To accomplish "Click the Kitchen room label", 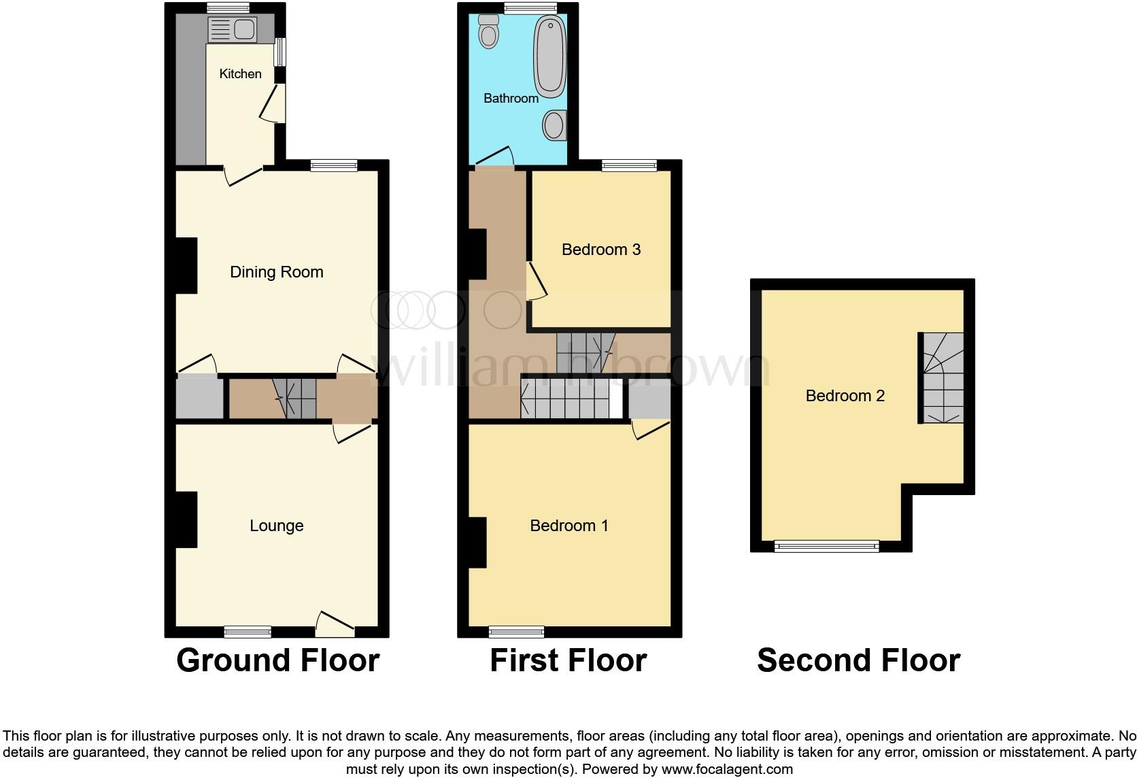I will point(240,74).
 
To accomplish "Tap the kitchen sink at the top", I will point(232,30).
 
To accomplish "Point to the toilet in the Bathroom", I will point(488,31).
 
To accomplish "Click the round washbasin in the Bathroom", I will point(554,125).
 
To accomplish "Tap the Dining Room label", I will point(276,272).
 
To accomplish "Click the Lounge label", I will point(276,526).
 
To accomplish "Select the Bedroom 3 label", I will point(600,250).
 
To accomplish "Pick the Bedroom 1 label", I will point(568,526).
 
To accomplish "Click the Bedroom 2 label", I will point(845,396).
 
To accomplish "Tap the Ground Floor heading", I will point(277,660).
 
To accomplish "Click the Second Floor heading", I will point(858,660).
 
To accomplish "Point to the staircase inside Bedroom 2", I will point(943,378).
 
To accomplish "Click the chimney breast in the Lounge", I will point(186,520).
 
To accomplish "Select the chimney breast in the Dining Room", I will point(186,265).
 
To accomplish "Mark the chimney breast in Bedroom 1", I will point(477,542).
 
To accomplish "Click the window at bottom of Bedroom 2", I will point(827,546).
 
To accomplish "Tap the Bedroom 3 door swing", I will point(537,283).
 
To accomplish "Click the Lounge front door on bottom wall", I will point(335,624).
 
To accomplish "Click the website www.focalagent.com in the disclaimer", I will point(726,770).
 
